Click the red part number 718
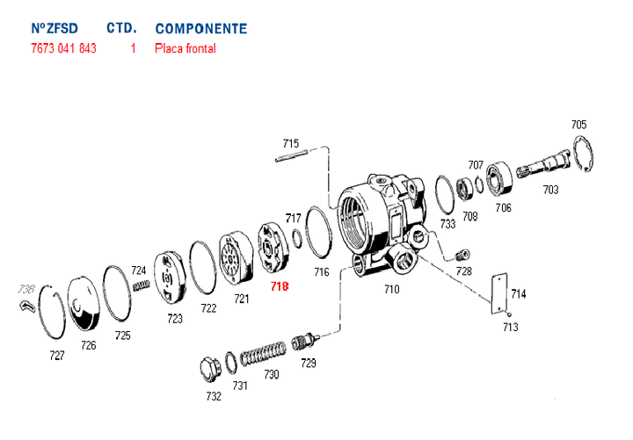tap(280, 286)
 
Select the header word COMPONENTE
tap(200, 29)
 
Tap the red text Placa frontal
tap(185, 48)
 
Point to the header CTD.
tap(121, 29)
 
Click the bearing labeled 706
tap(501, 178)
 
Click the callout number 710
tap(391, 288)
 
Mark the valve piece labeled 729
tap(304, 343)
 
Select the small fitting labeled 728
tap(460, 254)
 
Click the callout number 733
tap(448, 225)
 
